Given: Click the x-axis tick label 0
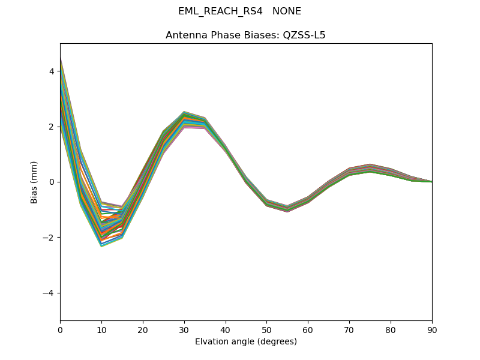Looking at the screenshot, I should click(60, 329).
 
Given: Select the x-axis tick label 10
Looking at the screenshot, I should click(101, 329).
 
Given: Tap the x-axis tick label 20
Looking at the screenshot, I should click(143, 329).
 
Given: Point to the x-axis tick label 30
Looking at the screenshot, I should click(184, 329).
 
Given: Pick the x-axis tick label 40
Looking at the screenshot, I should click(226, 329).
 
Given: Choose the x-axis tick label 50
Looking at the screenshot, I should click(266, 329).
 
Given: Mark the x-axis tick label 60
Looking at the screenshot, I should click(308, 329).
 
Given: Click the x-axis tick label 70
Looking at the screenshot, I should click(349, 329).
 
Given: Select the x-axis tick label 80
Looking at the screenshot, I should click(391, 329).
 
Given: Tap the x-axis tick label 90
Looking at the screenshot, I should click(432, 329).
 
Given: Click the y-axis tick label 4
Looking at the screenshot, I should click(52, 71).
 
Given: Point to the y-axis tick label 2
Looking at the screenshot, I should click(52, 127).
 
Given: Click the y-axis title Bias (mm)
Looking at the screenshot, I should click(34, 182).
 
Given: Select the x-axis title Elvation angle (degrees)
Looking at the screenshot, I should click(246, 341).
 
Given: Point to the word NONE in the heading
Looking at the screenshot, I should click(287, 11).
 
